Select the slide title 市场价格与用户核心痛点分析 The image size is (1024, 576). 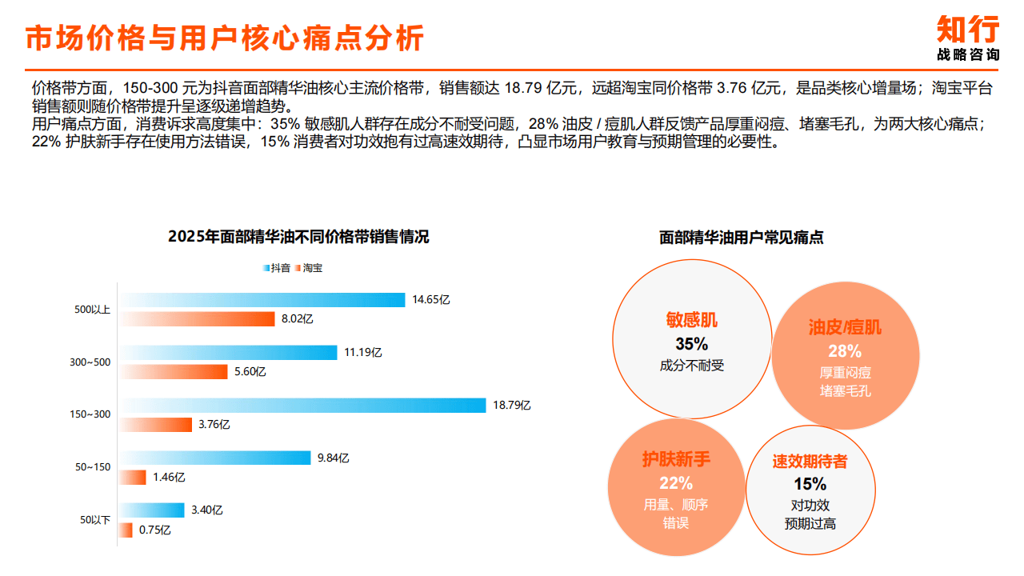tap(225, 38)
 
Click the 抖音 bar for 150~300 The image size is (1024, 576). tap(303, 406)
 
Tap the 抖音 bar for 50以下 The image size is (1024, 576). tap(152, 510)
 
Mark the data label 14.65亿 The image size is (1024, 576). tap(431, 300)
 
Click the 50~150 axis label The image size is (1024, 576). tap(93, 467)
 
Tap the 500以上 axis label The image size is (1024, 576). tap(93, 310)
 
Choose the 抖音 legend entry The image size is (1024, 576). tap(276, 268)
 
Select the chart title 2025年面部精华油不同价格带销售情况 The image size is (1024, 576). tap(298, 237)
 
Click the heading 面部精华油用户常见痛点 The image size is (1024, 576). tap(742, 238)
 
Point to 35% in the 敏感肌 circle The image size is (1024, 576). tap(692, 344)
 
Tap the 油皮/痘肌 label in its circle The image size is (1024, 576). tap(845, 327)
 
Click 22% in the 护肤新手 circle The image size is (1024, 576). tap(676, 483)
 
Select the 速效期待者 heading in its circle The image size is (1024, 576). tap(810, 462)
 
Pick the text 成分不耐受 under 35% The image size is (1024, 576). tap(692, 366)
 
